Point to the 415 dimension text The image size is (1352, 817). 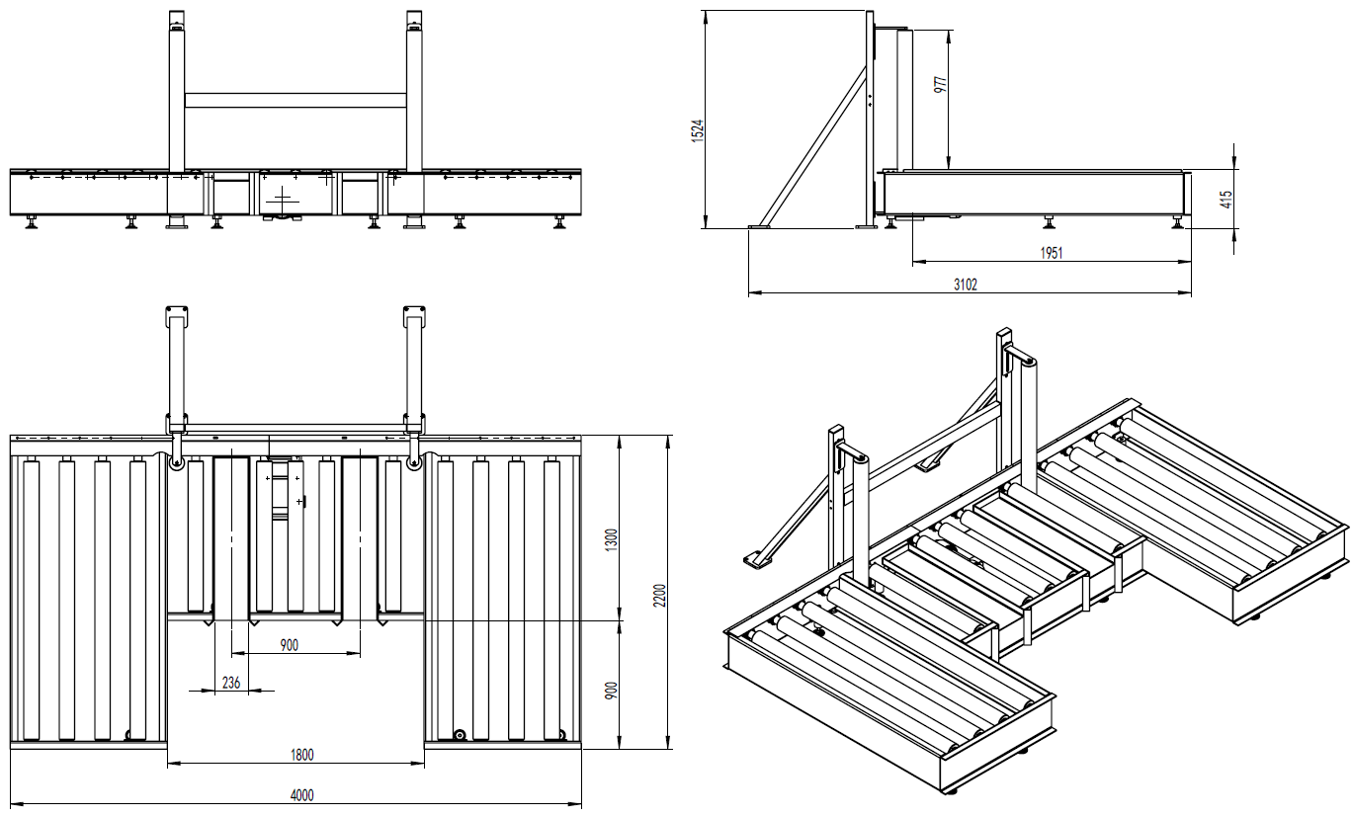1225,200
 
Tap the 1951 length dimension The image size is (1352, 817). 1051,254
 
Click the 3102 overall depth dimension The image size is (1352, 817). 966,285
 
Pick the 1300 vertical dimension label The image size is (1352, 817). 612,540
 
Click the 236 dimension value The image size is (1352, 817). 230,682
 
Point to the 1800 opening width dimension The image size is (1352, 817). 302,755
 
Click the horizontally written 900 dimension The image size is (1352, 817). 289,645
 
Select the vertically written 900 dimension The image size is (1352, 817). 612,690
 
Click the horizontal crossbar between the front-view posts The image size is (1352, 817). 296,100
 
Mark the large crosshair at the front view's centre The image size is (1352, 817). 285,199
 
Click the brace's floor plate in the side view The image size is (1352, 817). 760,227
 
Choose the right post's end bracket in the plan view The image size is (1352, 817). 414,316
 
